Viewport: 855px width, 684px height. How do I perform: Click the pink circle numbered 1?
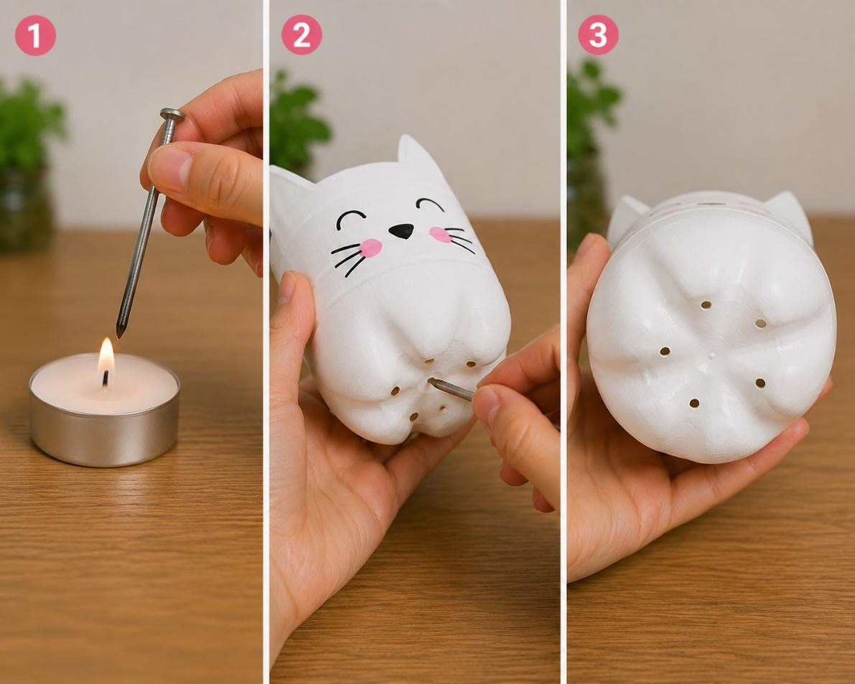pyautogui.click(x=35, y=35)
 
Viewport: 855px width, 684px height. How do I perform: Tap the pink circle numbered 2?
pyautogui.click(x=302, y=35)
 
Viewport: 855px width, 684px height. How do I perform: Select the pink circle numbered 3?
pyautogui.click(x=598, y=35)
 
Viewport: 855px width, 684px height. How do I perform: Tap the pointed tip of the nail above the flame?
pyautogui.click(x=119, y=335)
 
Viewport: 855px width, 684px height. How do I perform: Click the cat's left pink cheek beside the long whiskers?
pyautogui.click(x=371, y=248)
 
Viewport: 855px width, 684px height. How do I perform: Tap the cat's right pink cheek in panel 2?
pyautogui.click(x=439, y=235)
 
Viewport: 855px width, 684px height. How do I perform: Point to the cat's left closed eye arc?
pyautogui.click(x=350, y=218)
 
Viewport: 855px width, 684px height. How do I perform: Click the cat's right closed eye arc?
pyautogui.click(x=430, y=205)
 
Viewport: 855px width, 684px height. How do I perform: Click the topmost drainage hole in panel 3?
pyautogui.click(x=706, y=304)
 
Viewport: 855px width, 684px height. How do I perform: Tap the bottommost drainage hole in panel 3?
pyautogui.click(x=694, y=403)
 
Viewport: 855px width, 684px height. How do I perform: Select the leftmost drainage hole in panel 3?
pyautogui.click(x=665, y=352)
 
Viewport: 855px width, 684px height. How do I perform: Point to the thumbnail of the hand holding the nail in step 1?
pyautogui.click(x=170, y=167)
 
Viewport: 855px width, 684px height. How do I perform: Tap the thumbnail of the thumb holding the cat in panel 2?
pyautogui.click(x=287, y=287)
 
